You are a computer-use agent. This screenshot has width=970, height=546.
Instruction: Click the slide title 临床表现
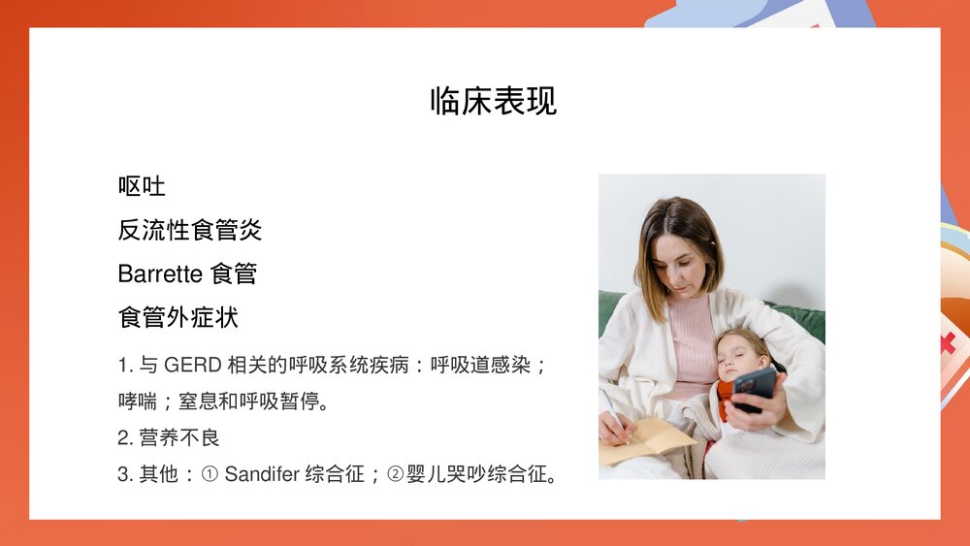tap(493, 101)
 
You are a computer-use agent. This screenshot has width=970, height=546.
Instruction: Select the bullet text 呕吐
tap(142, 186)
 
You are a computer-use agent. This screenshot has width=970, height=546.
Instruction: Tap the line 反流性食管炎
tap(190, 230)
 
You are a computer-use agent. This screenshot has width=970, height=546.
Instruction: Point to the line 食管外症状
tap(178, 317)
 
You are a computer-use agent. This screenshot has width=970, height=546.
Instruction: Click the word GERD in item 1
tap(192, 366)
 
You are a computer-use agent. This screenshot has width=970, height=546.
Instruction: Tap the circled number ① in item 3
tap(210, 474)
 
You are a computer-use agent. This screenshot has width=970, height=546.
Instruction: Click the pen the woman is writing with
tap(614, 412)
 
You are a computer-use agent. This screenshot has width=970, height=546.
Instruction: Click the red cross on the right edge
tap(947, 341)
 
